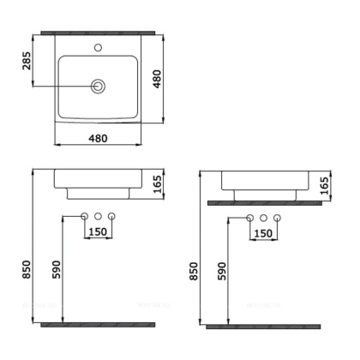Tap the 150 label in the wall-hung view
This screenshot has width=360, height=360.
pos(99,231)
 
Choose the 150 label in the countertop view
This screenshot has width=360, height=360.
pos(264,233)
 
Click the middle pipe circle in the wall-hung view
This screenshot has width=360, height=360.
pos(99,216)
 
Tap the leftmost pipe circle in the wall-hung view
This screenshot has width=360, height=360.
pos(85,216)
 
